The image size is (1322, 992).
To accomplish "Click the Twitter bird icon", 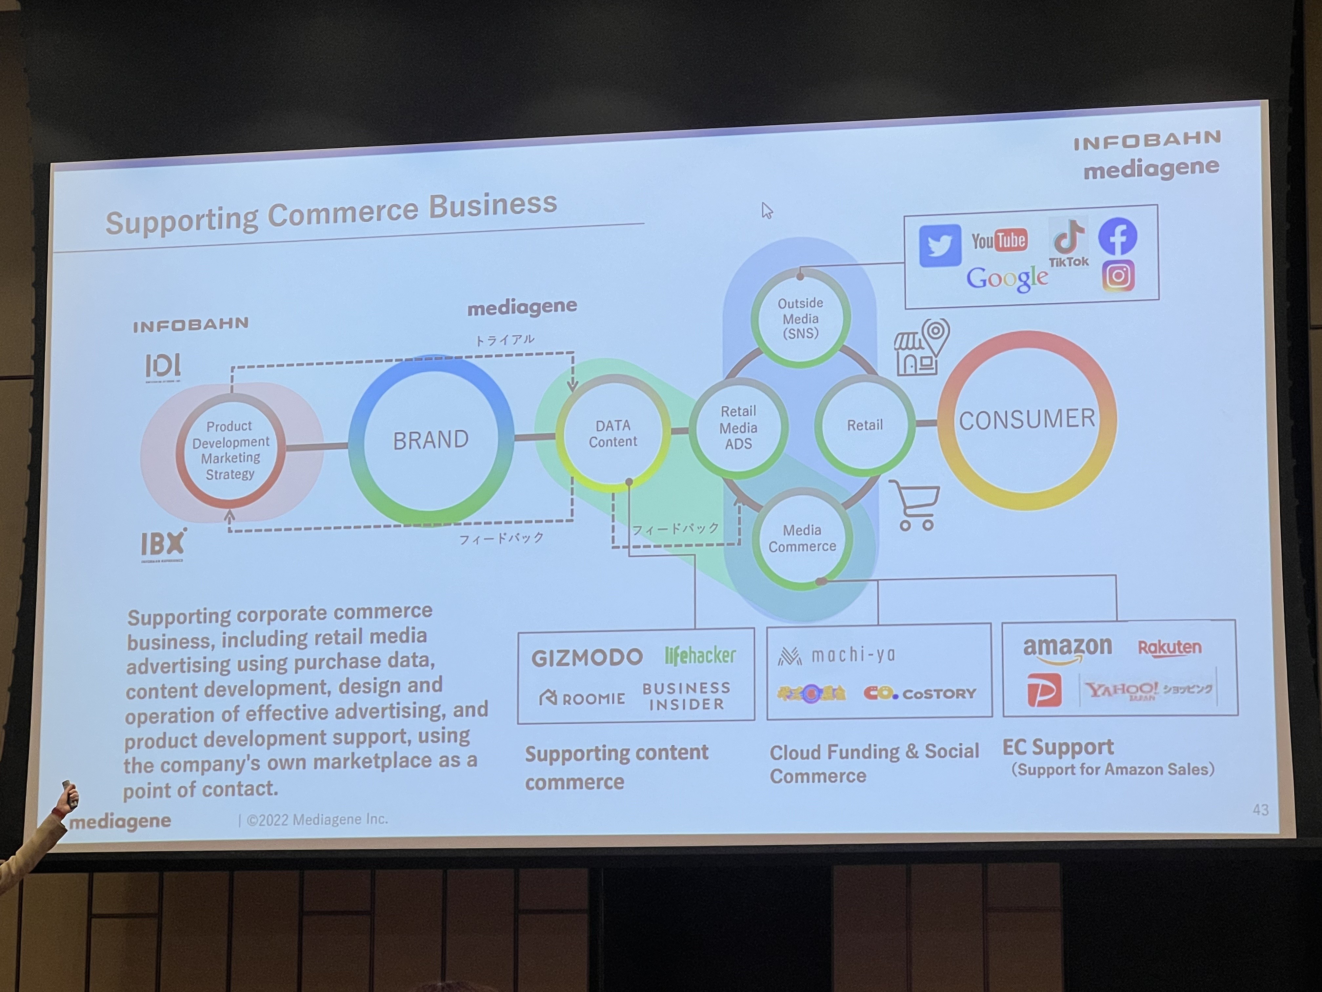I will [x=939, y=245].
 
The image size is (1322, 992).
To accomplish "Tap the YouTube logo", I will [x=999, y=240].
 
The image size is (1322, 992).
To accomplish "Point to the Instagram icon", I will [x=1118, y=276].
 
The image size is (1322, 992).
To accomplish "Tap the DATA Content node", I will [x=612, y=434].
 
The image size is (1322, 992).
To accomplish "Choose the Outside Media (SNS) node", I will [x=800, y=318].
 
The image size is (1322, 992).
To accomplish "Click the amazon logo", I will [x=1067, y=649].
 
